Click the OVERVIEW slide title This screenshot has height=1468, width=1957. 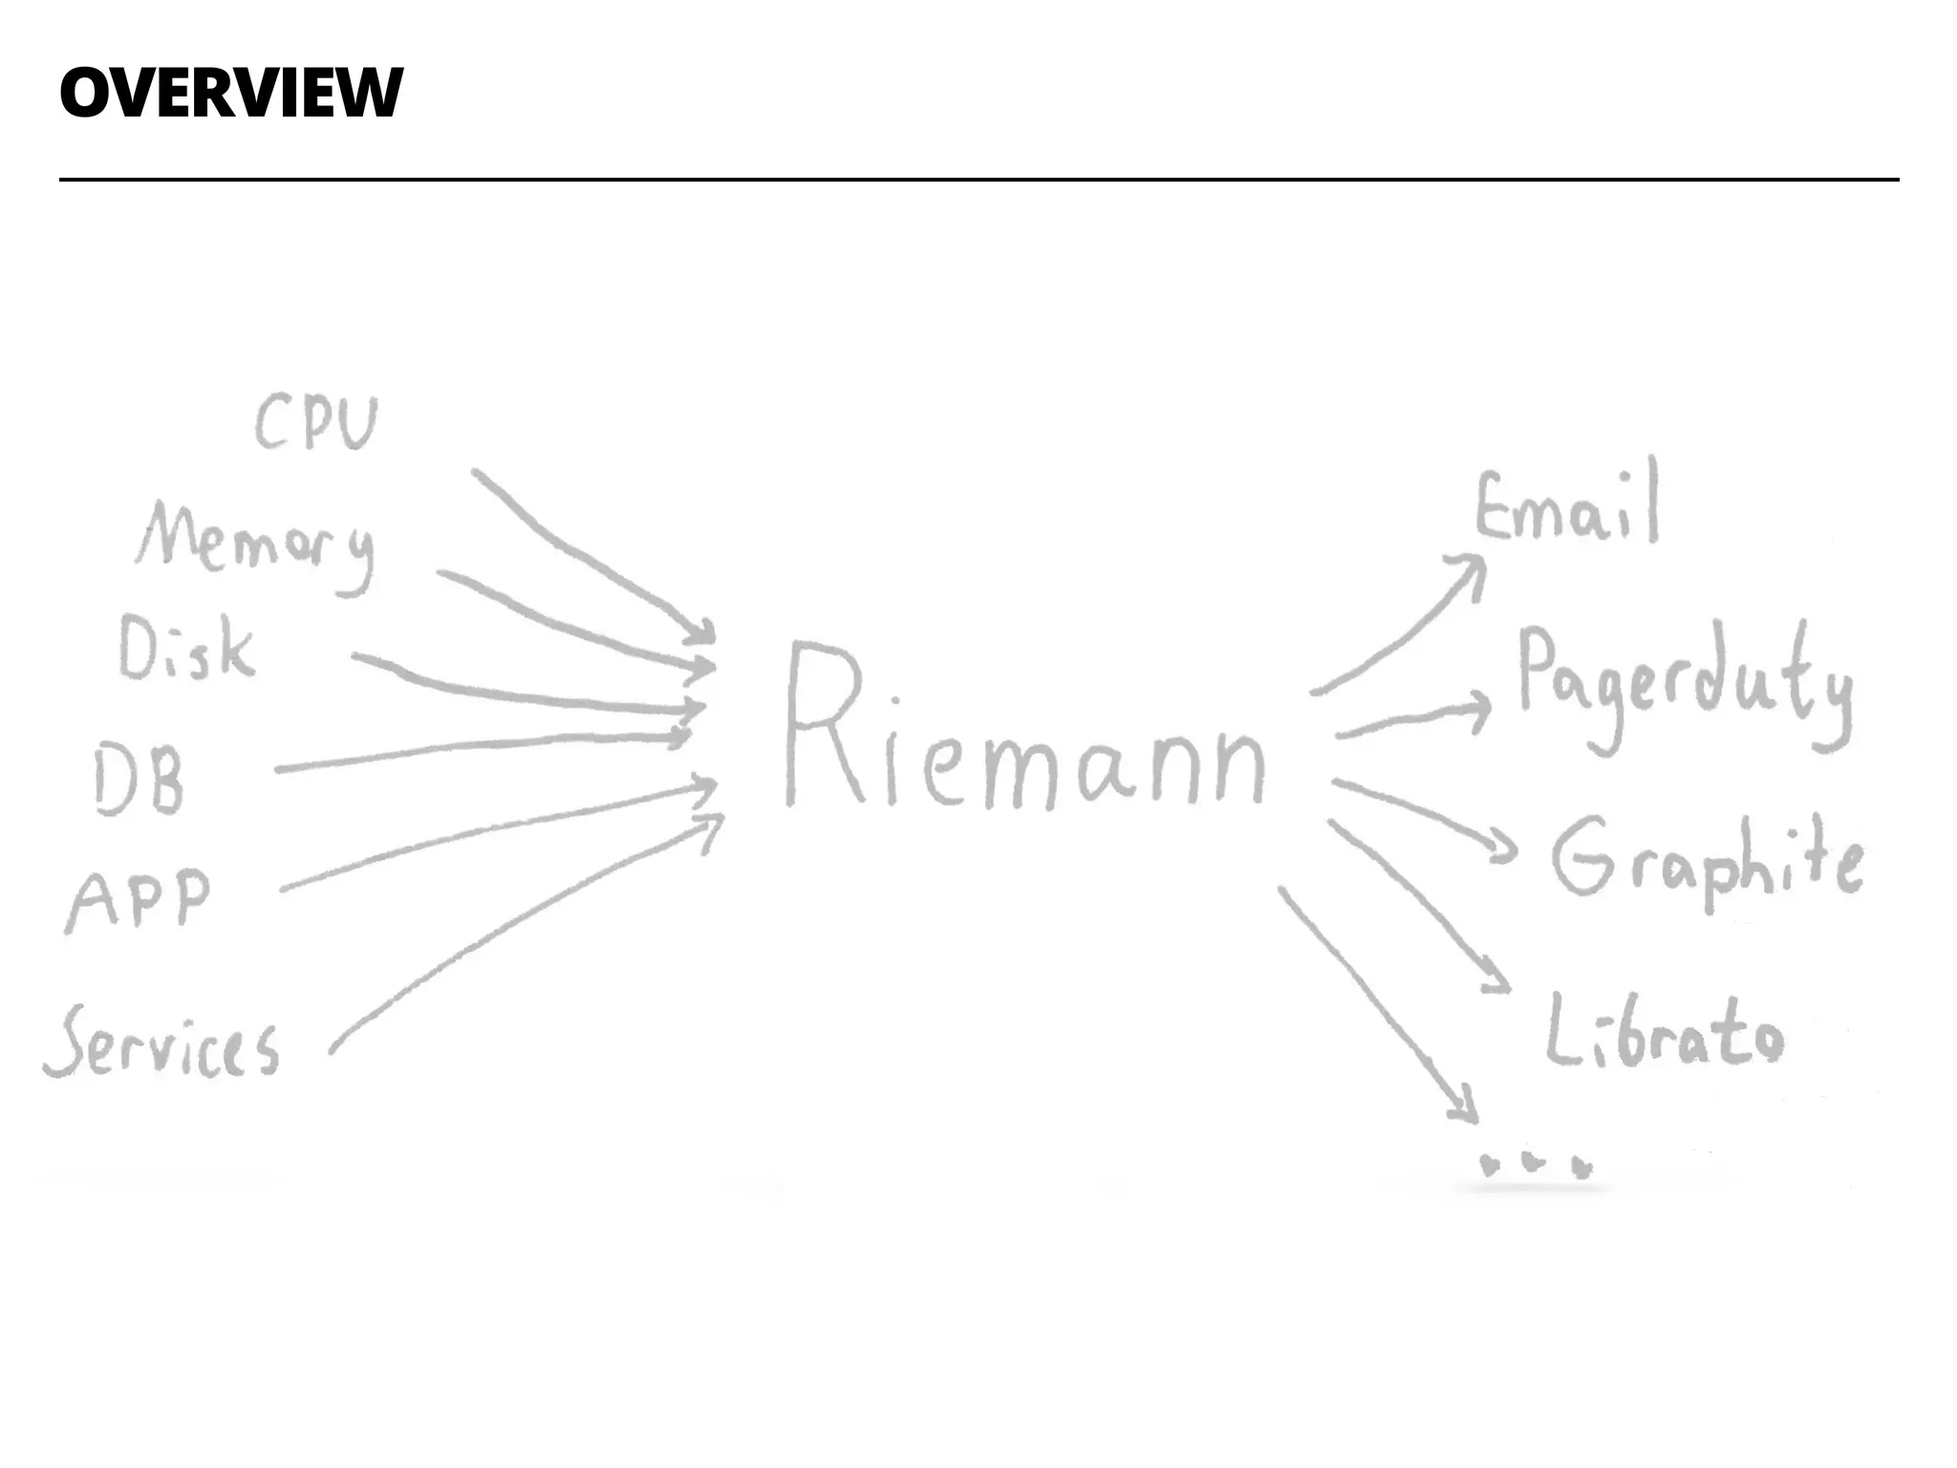(230, 93)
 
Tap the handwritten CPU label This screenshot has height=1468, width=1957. (316, 423)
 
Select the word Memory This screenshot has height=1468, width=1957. (256, 544)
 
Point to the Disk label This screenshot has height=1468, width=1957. (187, 649)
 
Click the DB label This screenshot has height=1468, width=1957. (140, 782)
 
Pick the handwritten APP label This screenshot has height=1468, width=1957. (140, 900)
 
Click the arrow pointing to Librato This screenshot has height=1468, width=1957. (1414, 898)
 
